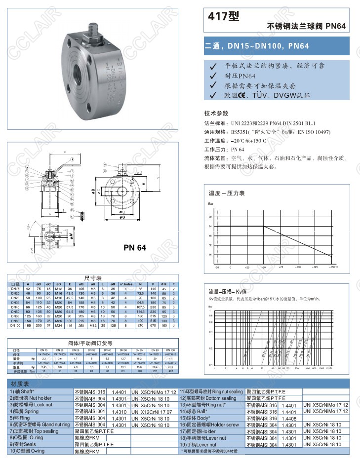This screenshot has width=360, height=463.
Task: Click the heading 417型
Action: click(225, 17)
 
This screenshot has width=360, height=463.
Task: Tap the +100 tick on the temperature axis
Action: click(298, 267)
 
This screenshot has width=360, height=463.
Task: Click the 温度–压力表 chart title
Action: click(227, 193)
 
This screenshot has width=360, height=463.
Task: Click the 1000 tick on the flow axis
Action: click(321, 368)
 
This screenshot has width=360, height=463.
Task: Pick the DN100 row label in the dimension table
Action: click(15, 326)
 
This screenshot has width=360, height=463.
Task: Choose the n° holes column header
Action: click(126, 284)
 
